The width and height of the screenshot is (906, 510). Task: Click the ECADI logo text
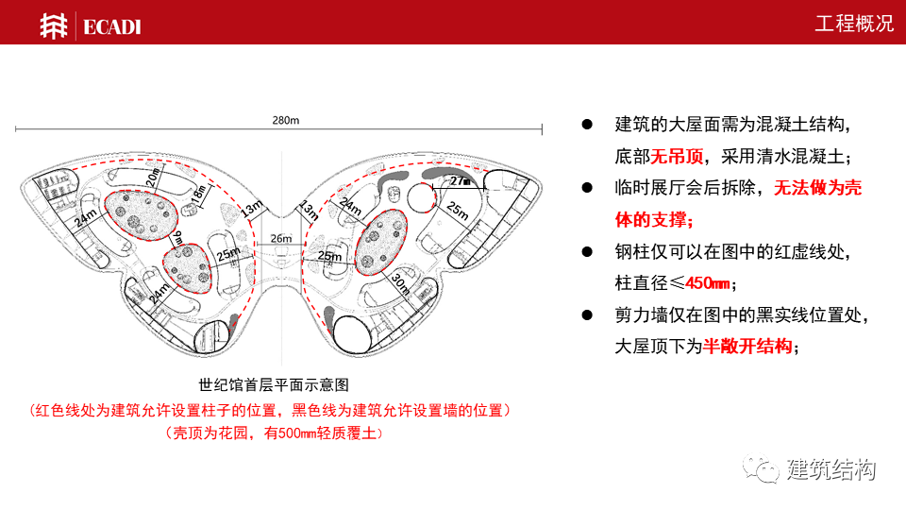click(x=111, y=26)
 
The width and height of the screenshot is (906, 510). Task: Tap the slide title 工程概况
click(x=853, y=24)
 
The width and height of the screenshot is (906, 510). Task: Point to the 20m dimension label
click(x=154, y=178)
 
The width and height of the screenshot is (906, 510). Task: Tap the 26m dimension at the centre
click(x=281, y=239)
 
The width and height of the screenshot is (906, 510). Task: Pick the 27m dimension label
click(x=460, y=180)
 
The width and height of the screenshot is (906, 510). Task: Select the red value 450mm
click(x=707, y=282)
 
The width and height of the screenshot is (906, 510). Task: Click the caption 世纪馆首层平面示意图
click(x=275, y=385)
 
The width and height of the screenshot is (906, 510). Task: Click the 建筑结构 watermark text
click(x=831, y=469)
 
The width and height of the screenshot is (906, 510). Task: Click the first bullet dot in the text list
click(x=586, y=125)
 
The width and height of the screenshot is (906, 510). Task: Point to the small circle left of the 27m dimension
click(x=421, y=195)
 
